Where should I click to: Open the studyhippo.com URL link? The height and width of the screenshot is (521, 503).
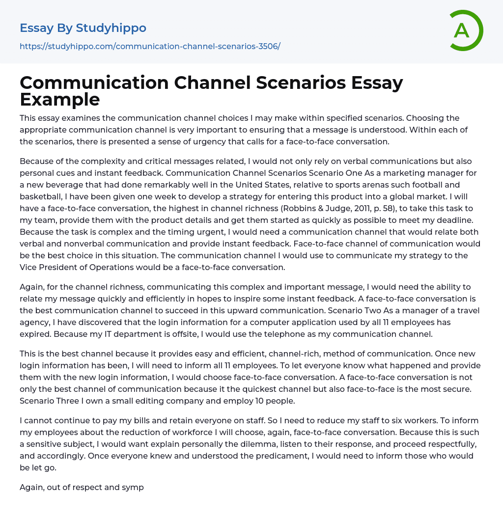point(150,46)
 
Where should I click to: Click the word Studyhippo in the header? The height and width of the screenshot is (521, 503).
point(111,28)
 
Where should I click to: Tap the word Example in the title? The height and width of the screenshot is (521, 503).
point(60,99)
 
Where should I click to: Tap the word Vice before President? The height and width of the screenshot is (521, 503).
point(30,268)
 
